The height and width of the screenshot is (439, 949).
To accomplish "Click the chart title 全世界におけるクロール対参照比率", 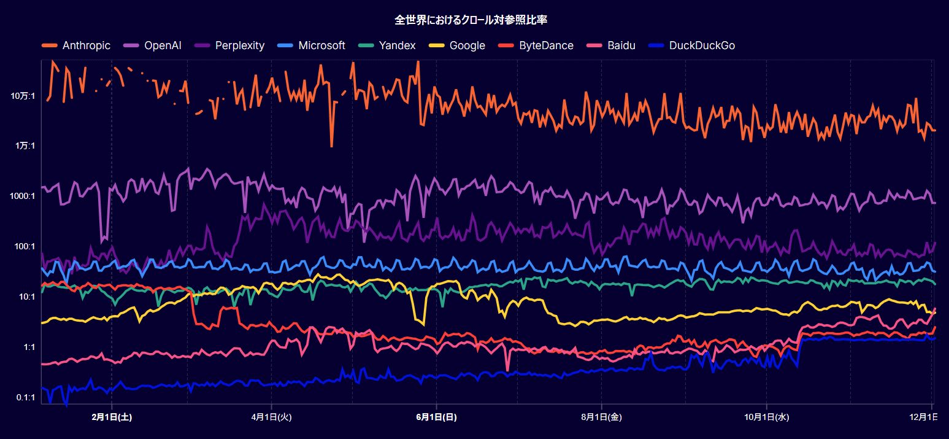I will (x=471, y=20).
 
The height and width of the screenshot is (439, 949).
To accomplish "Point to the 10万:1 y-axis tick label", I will (x=23, y=96).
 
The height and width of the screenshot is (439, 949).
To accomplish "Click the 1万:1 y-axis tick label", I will (x=25, y=146).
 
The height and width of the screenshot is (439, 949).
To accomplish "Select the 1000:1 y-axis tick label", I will (x=23, y=196).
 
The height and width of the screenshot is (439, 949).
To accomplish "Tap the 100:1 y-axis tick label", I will (x=25, y=247).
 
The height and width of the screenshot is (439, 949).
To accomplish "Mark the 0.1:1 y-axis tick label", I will (x=25, y=398).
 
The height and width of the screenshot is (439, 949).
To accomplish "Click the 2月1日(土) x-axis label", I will (x=112, y=418).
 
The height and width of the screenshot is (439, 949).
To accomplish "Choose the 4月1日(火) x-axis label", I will (x=271, y=418).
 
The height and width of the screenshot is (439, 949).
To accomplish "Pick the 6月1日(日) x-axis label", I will (x=436, y=418).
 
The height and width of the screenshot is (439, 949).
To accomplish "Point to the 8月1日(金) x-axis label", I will (x=601, y=418).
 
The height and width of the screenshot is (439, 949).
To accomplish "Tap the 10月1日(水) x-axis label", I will (x=766, y=418).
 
